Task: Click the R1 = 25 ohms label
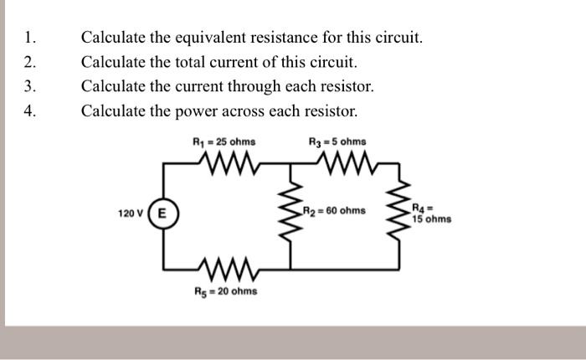coord(224,141)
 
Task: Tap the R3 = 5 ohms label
coord(337,141)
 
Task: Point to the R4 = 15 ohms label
coord(431,213)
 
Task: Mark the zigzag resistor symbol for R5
coord(225,268)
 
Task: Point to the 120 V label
coord(131,214)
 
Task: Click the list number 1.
coord(30,38)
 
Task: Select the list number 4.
coord(30,111)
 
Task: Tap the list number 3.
coord(30,86)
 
